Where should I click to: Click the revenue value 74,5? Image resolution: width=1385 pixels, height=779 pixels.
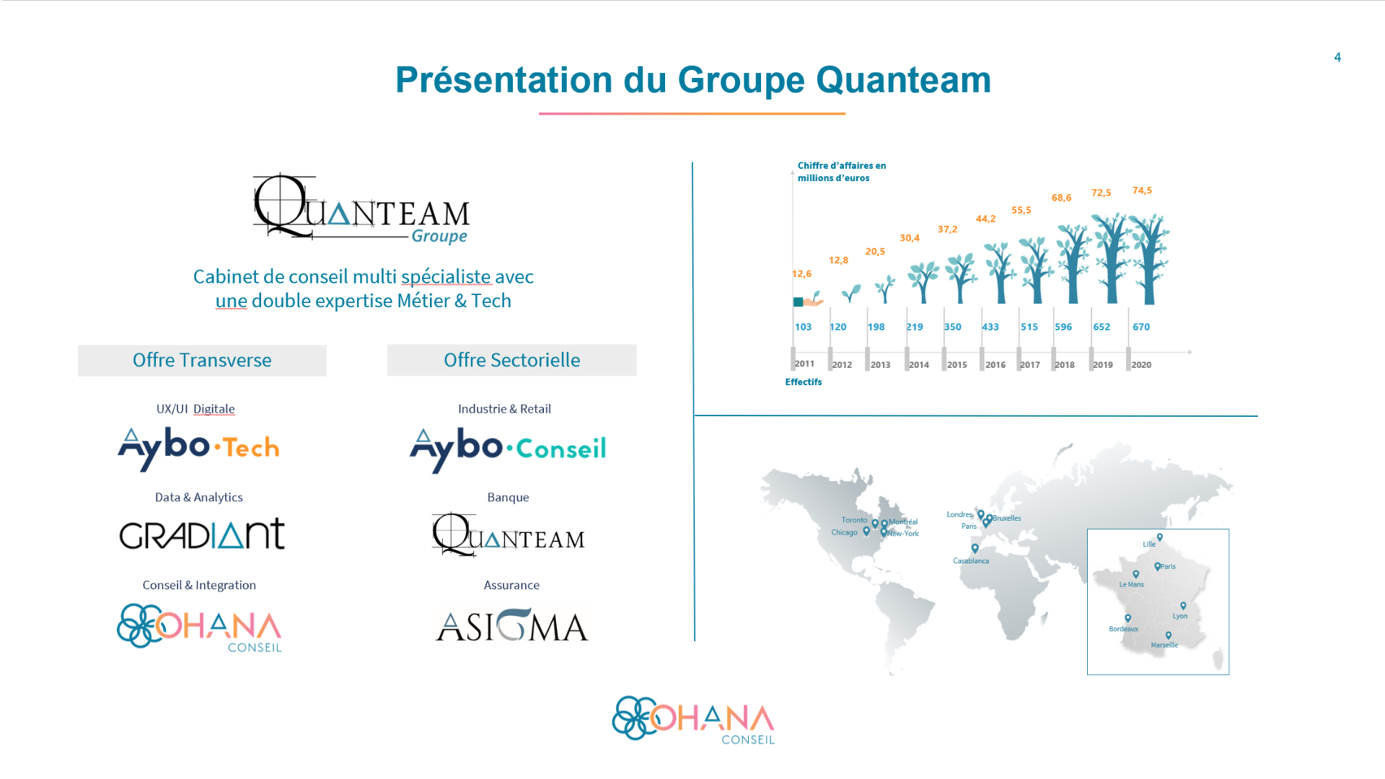coord(1142,190)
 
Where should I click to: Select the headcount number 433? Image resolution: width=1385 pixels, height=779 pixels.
coord(990,327)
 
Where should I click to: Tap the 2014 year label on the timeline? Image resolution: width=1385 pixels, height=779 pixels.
coord(918,365)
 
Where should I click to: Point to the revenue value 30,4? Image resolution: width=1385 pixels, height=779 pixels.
coord(909,238)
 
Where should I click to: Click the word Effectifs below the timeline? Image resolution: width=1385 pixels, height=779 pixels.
coord(804,382)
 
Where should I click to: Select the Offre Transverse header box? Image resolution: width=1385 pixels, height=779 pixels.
coord(202,360)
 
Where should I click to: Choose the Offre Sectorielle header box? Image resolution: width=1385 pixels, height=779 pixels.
coord(511,360)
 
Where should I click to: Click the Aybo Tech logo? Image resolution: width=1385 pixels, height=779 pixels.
coord(198,448)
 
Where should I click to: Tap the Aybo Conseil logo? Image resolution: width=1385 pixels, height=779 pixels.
coord(508,449)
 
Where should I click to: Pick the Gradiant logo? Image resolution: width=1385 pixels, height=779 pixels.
coord(202,534)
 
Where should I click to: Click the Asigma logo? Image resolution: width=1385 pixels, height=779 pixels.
coord(512,625)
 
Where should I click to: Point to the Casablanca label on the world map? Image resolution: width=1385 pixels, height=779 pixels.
coord(971,560)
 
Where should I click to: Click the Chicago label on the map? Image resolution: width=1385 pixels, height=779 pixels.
coord(844,532)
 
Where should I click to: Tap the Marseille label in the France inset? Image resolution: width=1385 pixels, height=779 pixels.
coord(1164,645)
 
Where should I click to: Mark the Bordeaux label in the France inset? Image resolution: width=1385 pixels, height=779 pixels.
coord(1123,629)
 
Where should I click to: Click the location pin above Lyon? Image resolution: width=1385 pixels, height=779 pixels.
coord(1183,606)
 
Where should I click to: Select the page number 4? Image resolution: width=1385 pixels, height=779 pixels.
coord(1337,58)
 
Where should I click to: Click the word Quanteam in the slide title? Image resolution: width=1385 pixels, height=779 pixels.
coord(904,80)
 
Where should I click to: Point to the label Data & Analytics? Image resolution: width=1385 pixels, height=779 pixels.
coord(199,497)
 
